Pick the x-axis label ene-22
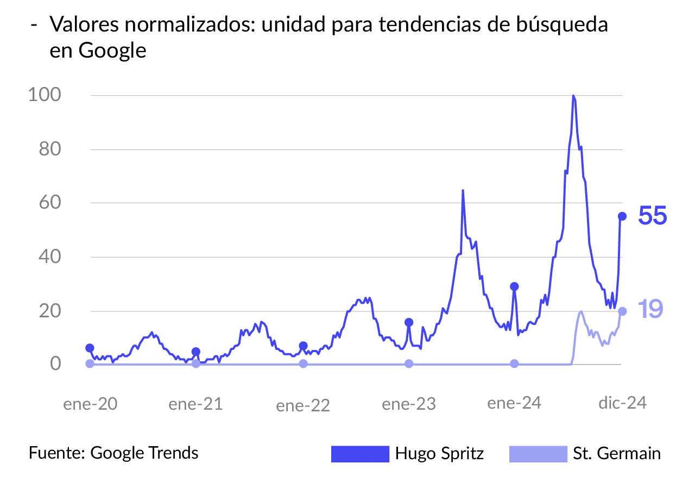tap(303, 405)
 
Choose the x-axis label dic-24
tap(622, 403)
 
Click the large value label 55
tap(652, 216)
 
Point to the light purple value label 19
tap(650, 309)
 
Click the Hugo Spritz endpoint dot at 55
tap(622, 216)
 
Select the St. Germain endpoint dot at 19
tap(622, 311)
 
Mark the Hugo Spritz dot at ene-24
tap(514, 286)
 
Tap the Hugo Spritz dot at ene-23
tap(409, 322)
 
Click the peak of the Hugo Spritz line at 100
tap(573, 96)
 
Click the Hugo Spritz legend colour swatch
tap(361, 454)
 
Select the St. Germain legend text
tap(617, 454)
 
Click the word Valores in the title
tap(83, 25)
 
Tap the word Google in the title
tap(112, 51)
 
